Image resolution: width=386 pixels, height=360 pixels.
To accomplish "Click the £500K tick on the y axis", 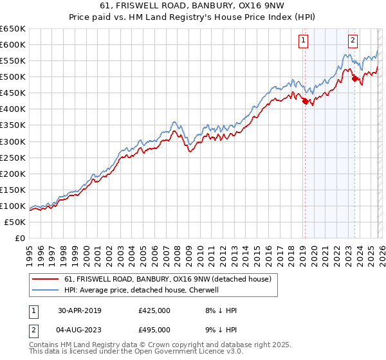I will coord(13,77).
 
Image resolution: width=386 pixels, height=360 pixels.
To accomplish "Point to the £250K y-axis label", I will coord(13,157).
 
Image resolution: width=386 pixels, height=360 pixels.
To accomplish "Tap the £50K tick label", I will coord(15,222).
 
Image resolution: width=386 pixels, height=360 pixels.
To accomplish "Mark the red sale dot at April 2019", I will coord(305,101).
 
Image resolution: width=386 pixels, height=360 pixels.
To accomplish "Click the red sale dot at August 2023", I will coord(354,78).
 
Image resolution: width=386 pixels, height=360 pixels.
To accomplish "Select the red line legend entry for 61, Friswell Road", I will coord(167,279).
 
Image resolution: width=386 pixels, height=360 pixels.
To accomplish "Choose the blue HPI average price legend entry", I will coord(142,290).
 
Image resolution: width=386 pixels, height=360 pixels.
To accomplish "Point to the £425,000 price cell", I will coord(154,310).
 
